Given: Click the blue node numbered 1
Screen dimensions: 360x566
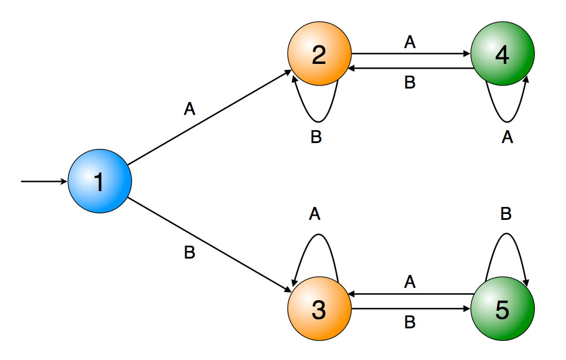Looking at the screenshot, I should pos(100,182).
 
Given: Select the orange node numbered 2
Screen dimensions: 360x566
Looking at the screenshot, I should pos(319,56).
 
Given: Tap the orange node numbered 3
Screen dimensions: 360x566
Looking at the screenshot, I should pos(319,311).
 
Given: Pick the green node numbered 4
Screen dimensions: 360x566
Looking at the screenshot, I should pos(503,56).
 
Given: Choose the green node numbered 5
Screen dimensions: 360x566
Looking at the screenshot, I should pos(503,311).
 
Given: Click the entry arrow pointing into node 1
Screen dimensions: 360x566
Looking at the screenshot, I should pos(44,182).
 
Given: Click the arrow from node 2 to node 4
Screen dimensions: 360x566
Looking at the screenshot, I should pos(410,54).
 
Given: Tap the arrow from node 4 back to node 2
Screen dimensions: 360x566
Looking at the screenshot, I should pos(410,69).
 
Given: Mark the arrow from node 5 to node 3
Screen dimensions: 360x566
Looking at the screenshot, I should pos(410,294).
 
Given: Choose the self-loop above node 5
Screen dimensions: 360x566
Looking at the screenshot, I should pos(506,236).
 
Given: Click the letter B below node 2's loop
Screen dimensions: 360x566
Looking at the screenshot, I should pos(316,137).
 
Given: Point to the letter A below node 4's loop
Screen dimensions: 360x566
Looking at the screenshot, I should pos(507,137).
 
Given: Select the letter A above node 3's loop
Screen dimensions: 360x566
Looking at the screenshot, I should pos(315,215).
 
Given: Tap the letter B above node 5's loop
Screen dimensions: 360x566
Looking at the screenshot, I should pos(506,215).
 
